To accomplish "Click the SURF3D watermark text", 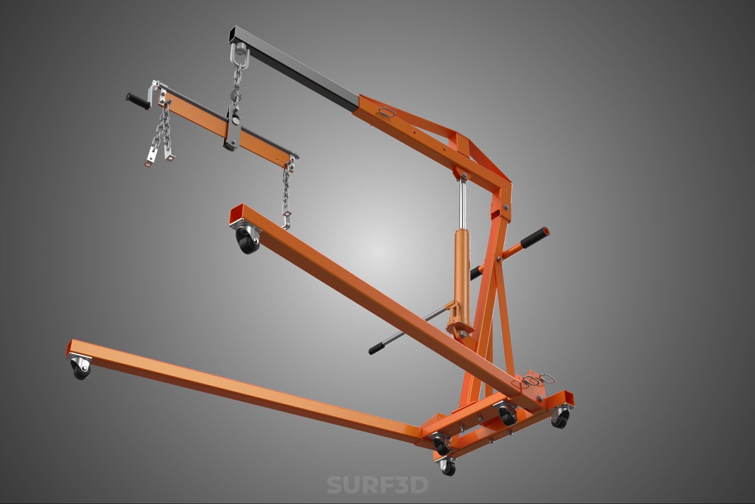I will tap(377, 485).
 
